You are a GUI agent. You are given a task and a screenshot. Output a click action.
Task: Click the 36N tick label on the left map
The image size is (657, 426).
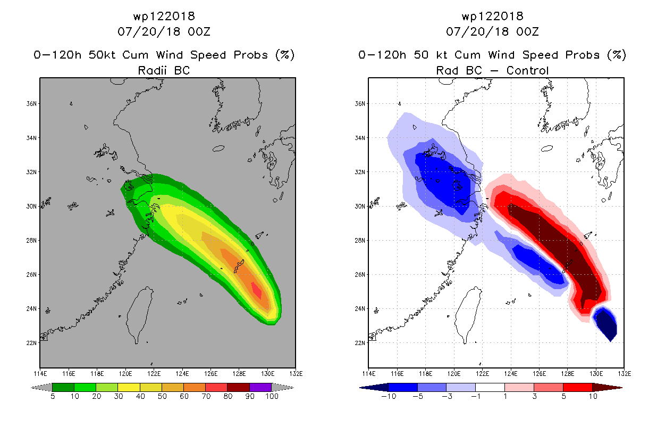tap(31, 104)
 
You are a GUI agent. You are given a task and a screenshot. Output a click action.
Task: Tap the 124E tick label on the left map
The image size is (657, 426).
tap(182, 374)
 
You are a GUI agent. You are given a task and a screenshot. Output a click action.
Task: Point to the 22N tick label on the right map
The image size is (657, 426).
tap(359, 343)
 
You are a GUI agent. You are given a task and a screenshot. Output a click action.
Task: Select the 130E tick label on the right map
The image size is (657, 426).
tap(596, 374)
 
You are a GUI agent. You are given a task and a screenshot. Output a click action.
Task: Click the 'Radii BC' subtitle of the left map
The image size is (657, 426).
tap(164, 70)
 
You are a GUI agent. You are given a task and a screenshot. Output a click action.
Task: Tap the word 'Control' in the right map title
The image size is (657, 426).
tap(527, 70)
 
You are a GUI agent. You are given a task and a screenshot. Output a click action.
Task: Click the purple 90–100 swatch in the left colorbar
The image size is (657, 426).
tap(260, 387)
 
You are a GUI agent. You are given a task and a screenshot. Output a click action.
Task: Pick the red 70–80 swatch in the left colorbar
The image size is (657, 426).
tap(216, 387)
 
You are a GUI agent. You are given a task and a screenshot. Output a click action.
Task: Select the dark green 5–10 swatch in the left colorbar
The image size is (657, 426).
tap(63, 387)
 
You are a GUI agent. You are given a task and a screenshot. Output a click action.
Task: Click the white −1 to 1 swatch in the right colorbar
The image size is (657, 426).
tap(490, 387)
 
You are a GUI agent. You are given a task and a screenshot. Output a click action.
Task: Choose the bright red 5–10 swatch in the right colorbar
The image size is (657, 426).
tap(578, 387)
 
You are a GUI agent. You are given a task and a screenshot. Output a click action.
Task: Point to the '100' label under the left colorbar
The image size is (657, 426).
tap(272, 396)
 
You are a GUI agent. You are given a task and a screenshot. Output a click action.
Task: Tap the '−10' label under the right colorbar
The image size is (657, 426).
tap(389, 396)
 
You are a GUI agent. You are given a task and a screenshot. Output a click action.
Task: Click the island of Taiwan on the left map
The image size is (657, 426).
tap(139, 313)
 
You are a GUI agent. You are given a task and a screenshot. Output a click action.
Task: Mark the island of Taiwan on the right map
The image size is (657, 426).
tap(468, 313)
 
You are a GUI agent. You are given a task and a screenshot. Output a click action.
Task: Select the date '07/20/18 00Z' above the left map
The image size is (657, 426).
tap(164, 31)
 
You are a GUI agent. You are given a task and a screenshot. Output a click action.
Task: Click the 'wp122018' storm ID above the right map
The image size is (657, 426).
tap(492, 16)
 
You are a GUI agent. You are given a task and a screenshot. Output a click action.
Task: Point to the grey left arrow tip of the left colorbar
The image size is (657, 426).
tap(31, 388)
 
